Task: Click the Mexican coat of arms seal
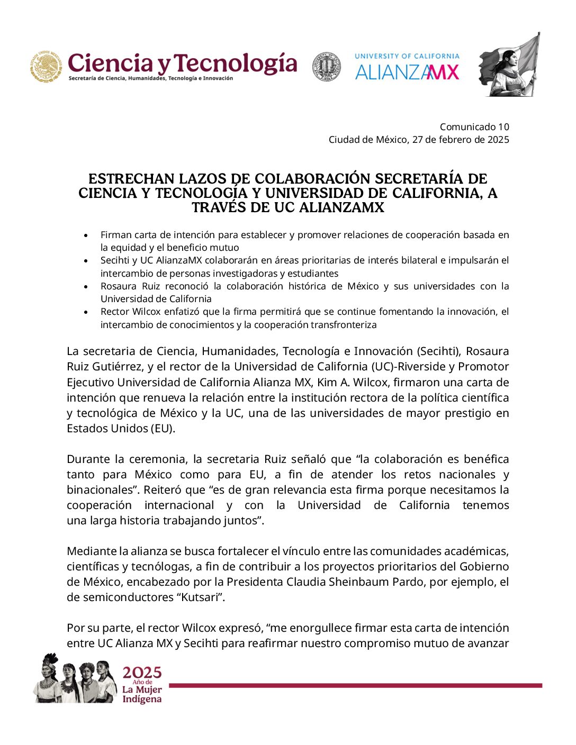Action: (46, 67)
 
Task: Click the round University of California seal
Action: (326, 67)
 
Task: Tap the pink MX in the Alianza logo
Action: (443, 72)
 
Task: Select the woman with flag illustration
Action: (509, 65)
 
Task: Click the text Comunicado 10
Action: (474, 127)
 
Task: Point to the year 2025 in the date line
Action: (498, 140)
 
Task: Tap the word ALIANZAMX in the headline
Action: (341, 207)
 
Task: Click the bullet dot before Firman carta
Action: (86, 235)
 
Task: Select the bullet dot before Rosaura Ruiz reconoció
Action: (86, 287)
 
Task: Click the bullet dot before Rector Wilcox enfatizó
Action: (86, 312)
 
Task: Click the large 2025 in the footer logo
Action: (142, 673)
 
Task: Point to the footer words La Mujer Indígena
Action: (142, 694)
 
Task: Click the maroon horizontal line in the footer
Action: (355, 686)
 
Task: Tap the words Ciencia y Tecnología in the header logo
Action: (182, 63)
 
